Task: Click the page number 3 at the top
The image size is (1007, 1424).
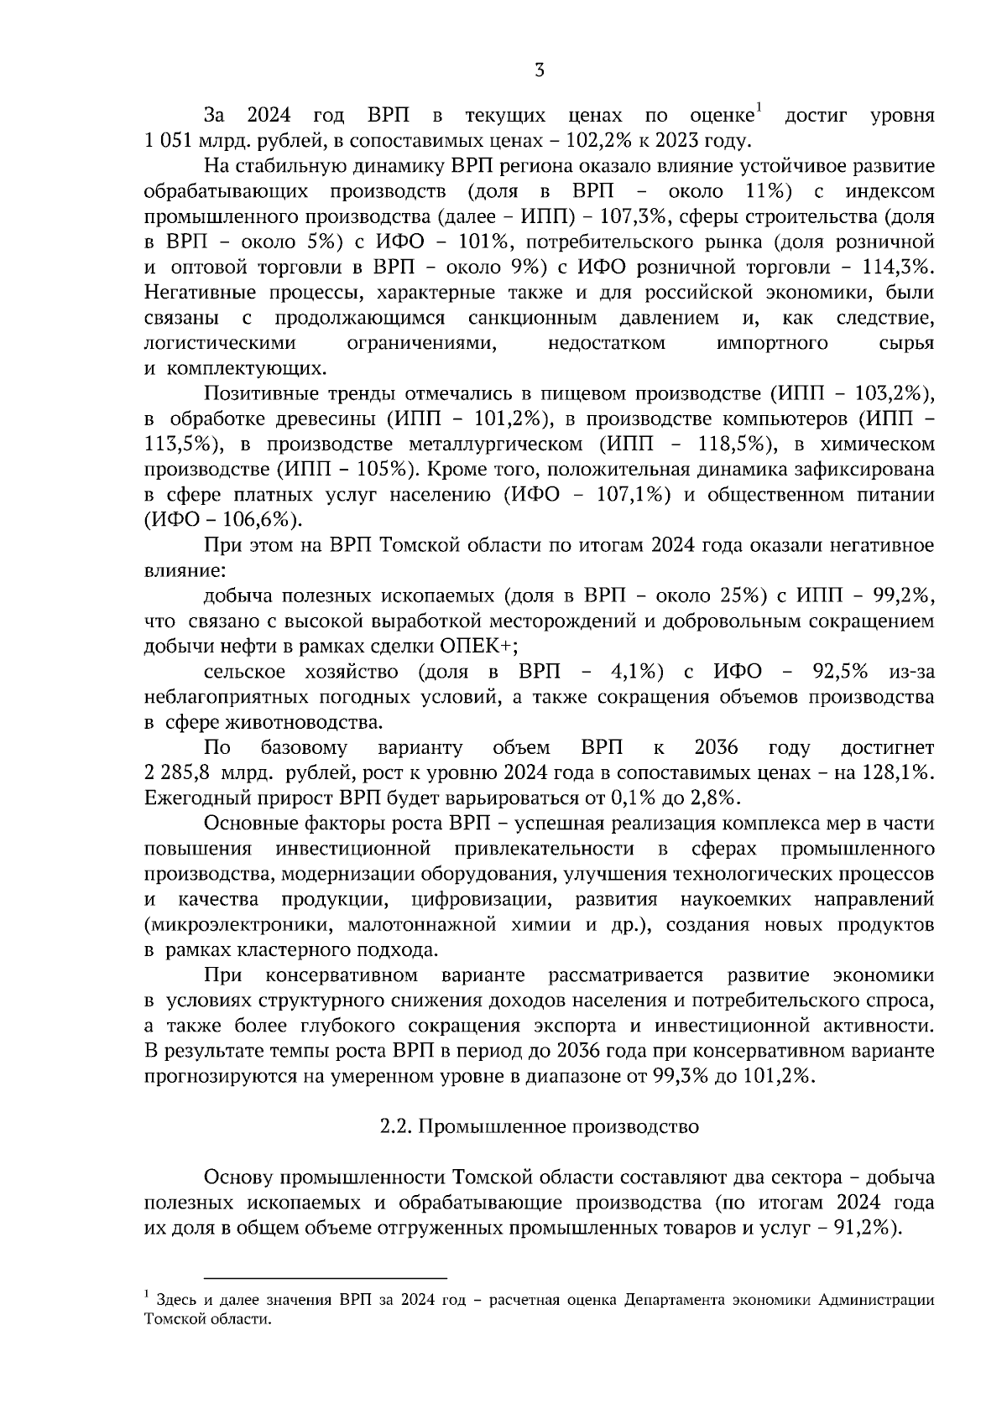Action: pyautogui.click(x=539, y=71)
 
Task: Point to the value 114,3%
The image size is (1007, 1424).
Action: pyautogui.click(x=898, y=268)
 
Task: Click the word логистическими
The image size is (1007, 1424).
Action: pyautogui.click(x=220, y=344)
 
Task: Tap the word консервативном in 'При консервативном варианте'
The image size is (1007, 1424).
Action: pyautogui.click(x=342, y=976)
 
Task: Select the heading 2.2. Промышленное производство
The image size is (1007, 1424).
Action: pyautogui.click(x=539, y=1127)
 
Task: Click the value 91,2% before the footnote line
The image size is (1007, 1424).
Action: pyautogui.click(x=860, y=1229)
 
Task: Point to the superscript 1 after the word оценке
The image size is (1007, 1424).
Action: pyautogui.click(x=758, y=107)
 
